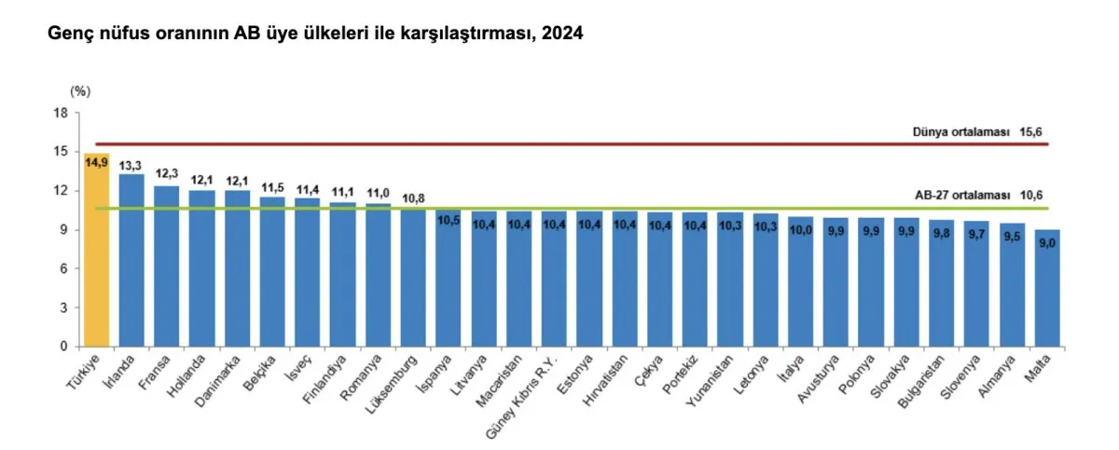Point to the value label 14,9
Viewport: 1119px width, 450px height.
pos(97,163)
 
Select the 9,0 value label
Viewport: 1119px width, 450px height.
pos(1047,243)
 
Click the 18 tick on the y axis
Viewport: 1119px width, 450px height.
pos(62,113)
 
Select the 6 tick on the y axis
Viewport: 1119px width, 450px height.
pos(64,268)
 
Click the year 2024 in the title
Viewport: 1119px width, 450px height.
pos(564,34)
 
